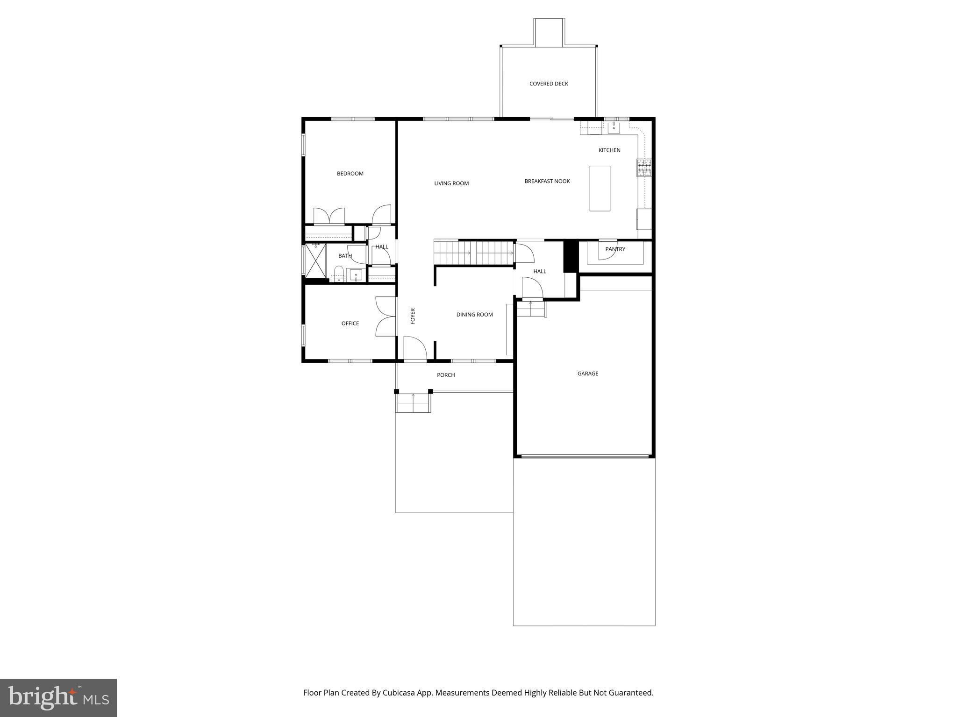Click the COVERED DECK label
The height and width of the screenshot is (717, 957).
click(549, 84)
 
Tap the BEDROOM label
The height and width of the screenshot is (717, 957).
click(350, 174)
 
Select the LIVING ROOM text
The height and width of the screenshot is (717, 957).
click(451, 183)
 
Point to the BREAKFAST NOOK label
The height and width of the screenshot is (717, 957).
click(547, 181)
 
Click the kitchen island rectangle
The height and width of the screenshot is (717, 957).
click(600, 189)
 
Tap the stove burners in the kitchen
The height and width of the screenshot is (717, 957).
click(644, 168)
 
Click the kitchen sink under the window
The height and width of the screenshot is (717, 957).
click(614, 127)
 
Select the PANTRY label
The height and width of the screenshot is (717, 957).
click(615, 249)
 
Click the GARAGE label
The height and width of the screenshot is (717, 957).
click(587, 373)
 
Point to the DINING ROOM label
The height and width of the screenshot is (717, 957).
click(474, 315)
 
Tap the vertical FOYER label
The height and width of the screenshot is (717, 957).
click(413, 316)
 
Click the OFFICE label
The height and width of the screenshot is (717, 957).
click(350, 323)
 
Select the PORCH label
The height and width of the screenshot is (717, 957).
click(445, 375)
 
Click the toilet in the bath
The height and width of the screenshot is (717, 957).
click(339, 273)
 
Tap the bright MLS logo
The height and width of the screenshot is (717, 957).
click(58, 697)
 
